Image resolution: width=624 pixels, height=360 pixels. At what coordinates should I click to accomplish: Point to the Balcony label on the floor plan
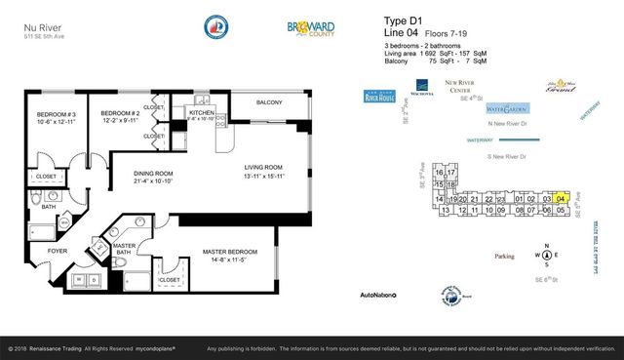tap(269, 103)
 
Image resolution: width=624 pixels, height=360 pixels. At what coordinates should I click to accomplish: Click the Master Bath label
tap(124, 253)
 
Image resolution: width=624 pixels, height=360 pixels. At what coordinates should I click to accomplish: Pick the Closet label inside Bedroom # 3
tap(46, 177)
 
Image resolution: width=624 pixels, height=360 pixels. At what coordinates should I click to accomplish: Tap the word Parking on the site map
tap(504, 257)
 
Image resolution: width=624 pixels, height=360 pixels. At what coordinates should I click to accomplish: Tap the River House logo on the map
tap(381, 97)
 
